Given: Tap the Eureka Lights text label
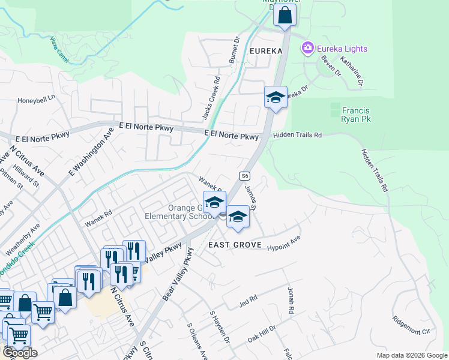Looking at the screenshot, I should coord(342,49).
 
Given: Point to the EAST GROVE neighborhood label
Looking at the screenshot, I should coord(235,245).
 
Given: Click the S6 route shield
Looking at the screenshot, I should coord(244,176).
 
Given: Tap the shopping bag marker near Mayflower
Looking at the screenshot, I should coord(285,16).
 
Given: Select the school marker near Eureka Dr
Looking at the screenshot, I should coord(275,98).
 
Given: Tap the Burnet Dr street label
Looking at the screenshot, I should coord(234,51).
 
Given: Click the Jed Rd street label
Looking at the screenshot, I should coord(248,298).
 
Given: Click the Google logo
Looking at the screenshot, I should coord(19,353).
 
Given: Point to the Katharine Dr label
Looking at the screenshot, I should coord(351,71).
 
